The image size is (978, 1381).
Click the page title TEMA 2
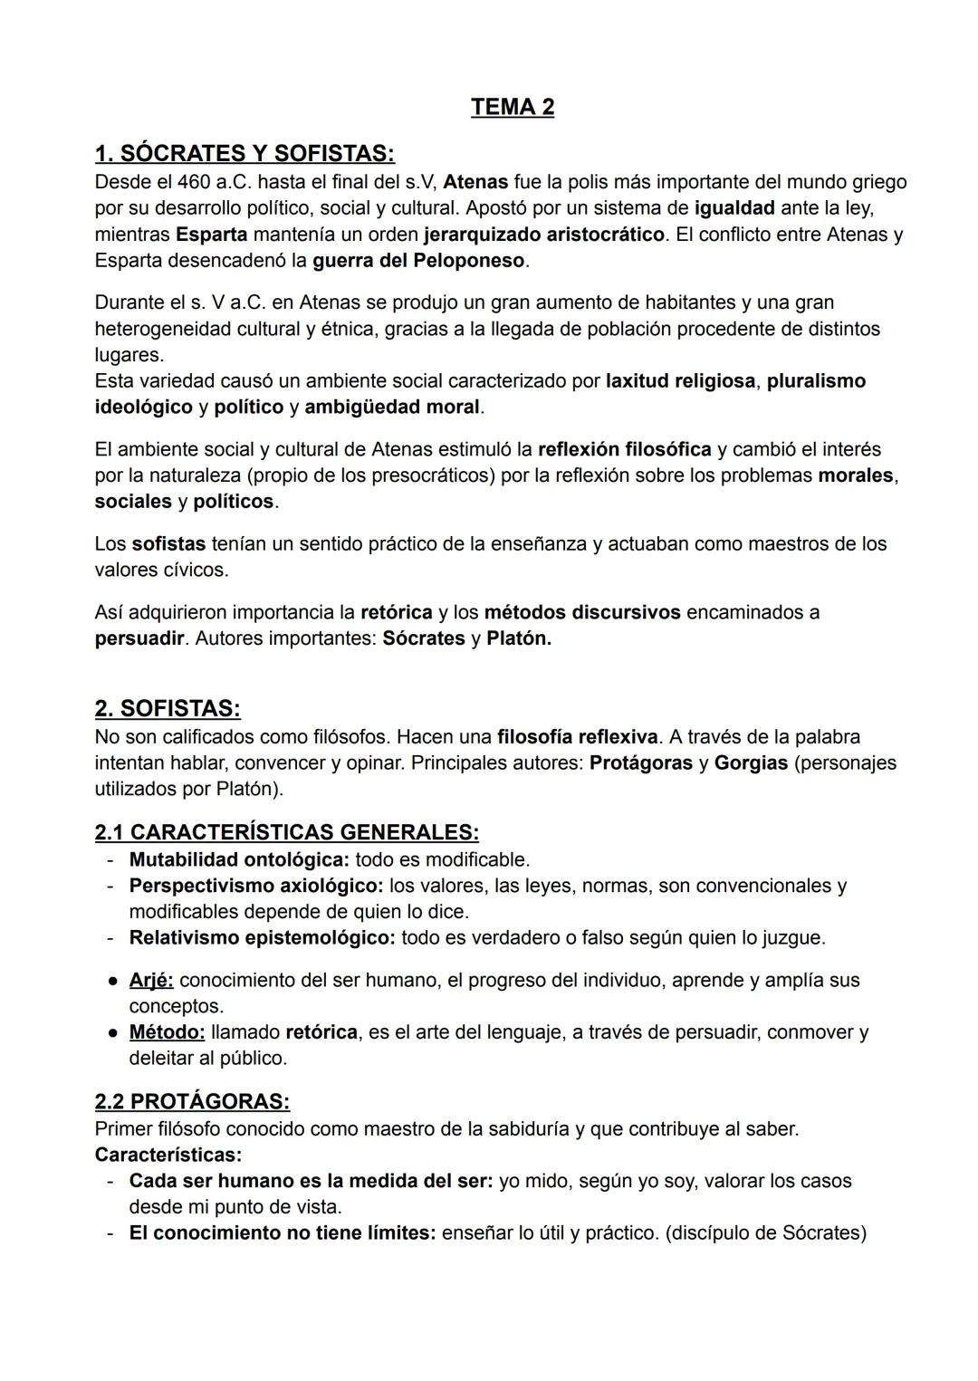[x=512, y=107]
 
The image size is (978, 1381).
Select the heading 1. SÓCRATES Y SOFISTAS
[x=244, y=153]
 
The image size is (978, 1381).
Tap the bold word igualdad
[x=733, y=208]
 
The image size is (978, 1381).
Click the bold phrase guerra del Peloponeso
[x=418, y=261]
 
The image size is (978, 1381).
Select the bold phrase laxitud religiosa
[x=680, y=381]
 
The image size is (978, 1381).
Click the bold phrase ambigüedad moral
[x=391, y=408]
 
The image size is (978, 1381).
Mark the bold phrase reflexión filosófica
[x=624, y=450]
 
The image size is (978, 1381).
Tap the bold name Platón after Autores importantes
[x=518, y=638]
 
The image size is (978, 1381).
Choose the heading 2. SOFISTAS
[x=168, y=708]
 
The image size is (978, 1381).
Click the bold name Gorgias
[x=751, y=763]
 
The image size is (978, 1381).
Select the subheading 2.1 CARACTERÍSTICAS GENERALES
[x=286, y=831]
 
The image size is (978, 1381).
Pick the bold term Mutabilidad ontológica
[x=239, y=859]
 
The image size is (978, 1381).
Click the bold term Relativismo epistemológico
[x=262, y=938]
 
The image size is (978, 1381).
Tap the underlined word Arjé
[x=151, y=981]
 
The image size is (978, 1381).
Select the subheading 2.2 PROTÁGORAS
[x=192, y=1102]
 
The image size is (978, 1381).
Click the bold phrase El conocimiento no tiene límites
[x=283, y=1233]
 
